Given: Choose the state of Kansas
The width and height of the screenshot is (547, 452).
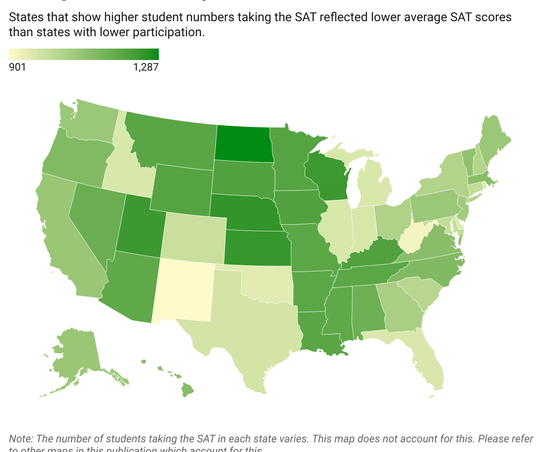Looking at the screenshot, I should click(258, 248).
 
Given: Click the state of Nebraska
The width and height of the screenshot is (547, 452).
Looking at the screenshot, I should click(245, 212).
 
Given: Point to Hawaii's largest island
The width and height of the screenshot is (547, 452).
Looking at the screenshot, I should click(187, 389).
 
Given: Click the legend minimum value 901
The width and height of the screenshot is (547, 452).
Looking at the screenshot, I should click(18, 67).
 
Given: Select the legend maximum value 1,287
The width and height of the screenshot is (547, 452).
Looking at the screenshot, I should click(146, 67).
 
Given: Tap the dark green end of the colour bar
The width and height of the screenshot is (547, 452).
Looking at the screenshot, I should click(154, 54).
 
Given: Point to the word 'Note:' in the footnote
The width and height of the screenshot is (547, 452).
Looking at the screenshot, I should click(21, 439).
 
